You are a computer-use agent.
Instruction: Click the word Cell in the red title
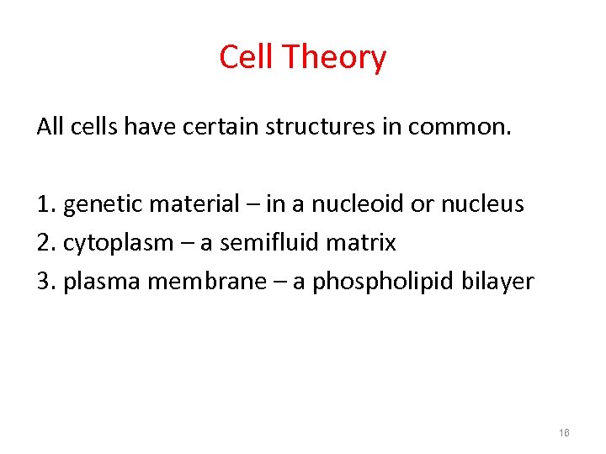coord(247,57)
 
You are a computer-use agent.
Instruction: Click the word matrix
coord(363,244)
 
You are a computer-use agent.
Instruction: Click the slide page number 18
coord(564,432)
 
